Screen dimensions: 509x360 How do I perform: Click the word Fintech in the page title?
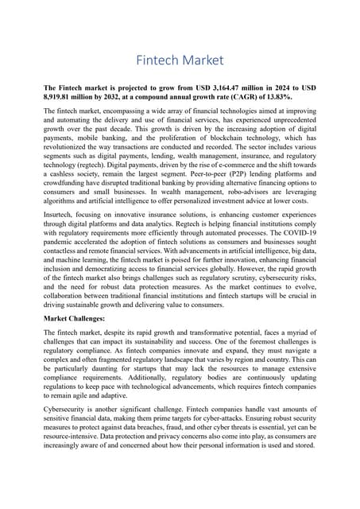click(x=157, y=60)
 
